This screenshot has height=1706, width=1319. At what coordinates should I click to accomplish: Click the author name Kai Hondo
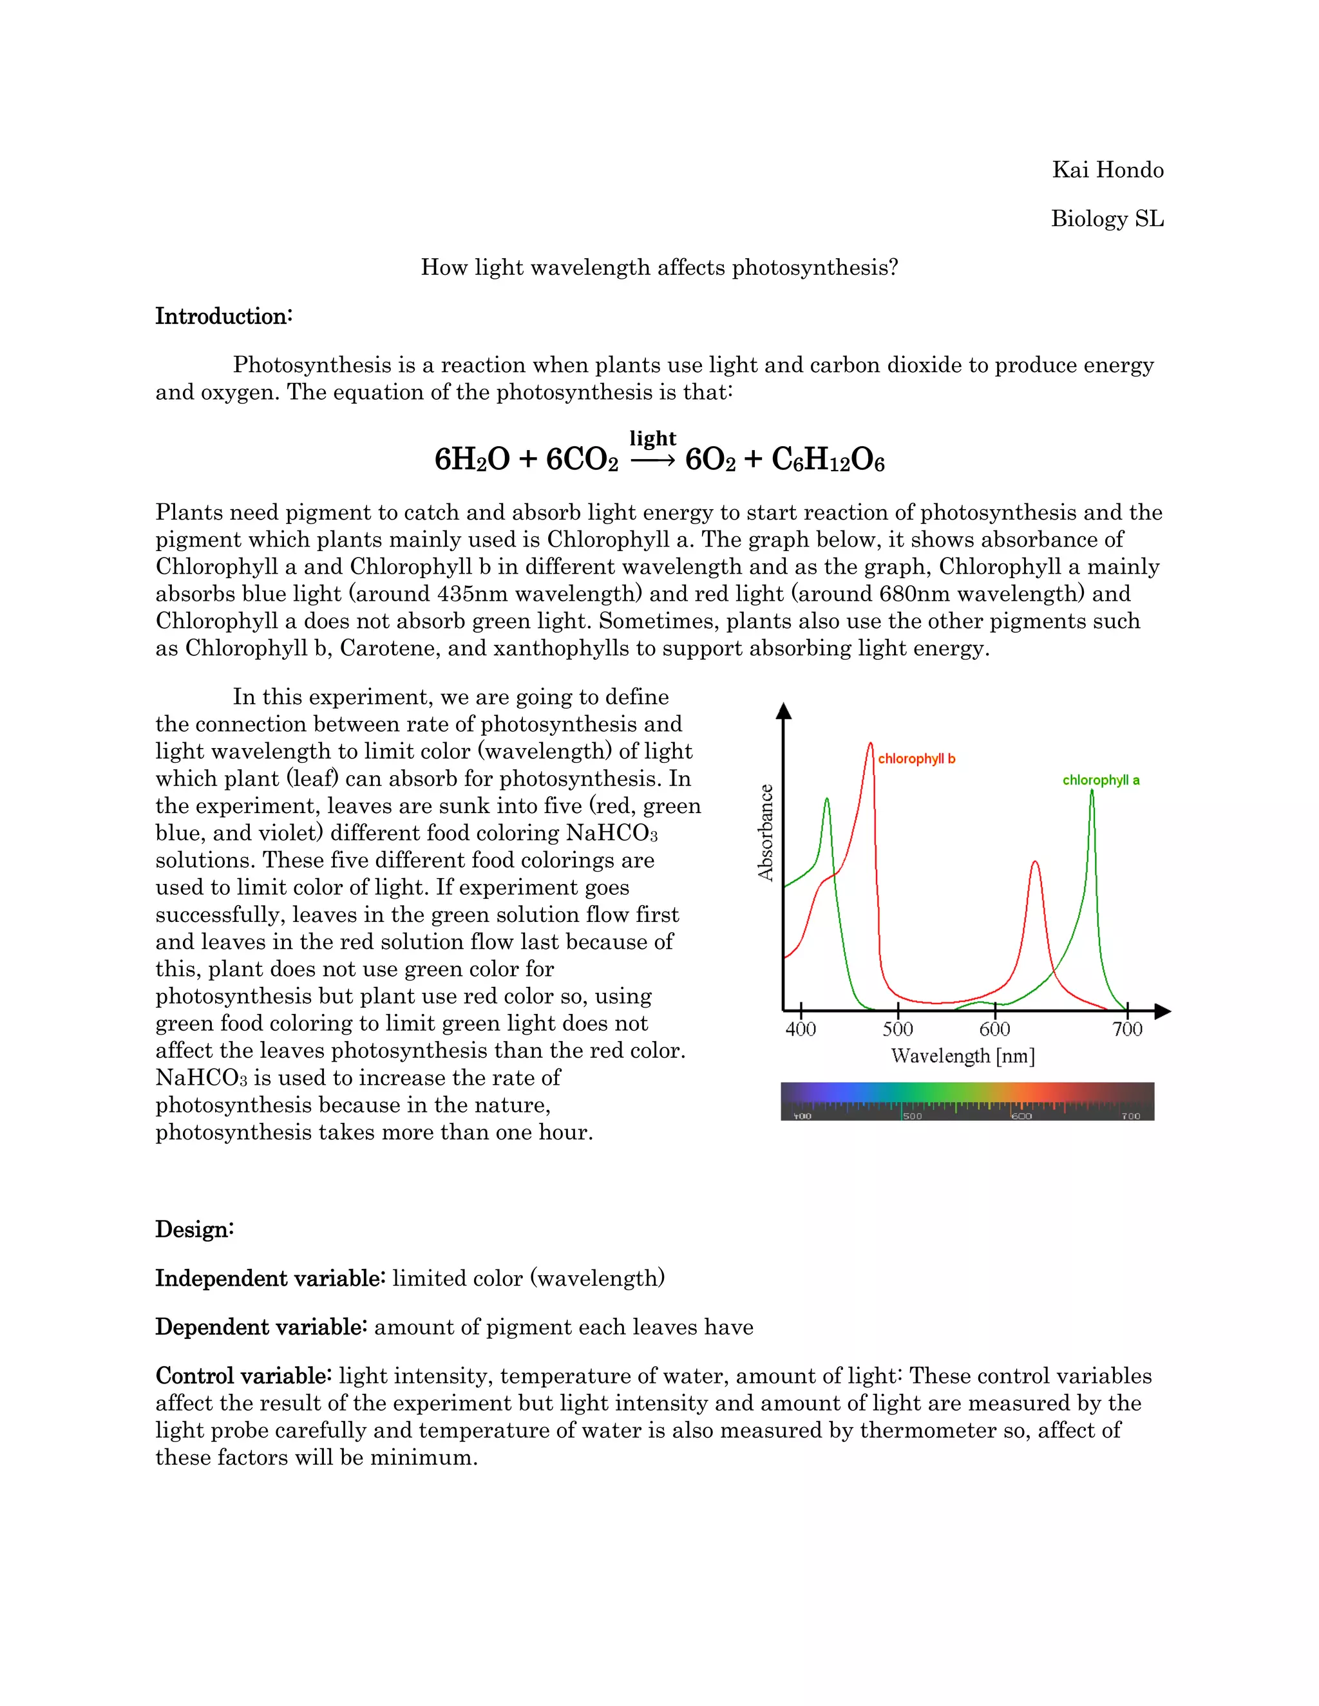click(1107, 171)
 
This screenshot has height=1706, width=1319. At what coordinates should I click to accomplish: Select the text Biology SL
click(1107, 219)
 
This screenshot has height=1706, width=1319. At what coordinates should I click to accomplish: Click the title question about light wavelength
click(659, 268)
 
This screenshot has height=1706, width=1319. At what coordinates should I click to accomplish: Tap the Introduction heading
click(223, 316)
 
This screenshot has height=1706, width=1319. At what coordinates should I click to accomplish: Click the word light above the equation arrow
click(652, 438)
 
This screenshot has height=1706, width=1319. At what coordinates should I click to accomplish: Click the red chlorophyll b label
click(916, 758)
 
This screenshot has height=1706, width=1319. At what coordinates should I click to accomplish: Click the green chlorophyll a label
click(1100, 780)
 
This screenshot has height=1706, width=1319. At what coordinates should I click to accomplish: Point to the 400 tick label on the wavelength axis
click(800, 1029)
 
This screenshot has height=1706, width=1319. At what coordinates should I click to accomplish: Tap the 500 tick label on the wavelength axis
click(897, 1029)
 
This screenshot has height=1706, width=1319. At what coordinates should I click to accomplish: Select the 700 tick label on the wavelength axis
click(1127, 1029)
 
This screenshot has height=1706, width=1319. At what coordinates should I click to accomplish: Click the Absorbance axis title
click(766, 832)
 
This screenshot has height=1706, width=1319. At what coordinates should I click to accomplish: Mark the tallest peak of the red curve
click(871, 744)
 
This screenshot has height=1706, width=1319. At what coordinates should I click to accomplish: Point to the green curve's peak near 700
click(1092, 792)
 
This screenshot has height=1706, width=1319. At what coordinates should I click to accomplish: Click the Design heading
click(195, 1230)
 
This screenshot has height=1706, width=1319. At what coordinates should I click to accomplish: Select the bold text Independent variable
click(270, 1279)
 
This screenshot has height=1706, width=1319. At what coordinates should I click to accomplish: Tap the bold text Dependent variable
click(261, 1327)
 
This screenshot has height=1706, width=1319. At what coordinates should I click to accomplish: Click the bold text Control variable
click(244, 1376)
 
